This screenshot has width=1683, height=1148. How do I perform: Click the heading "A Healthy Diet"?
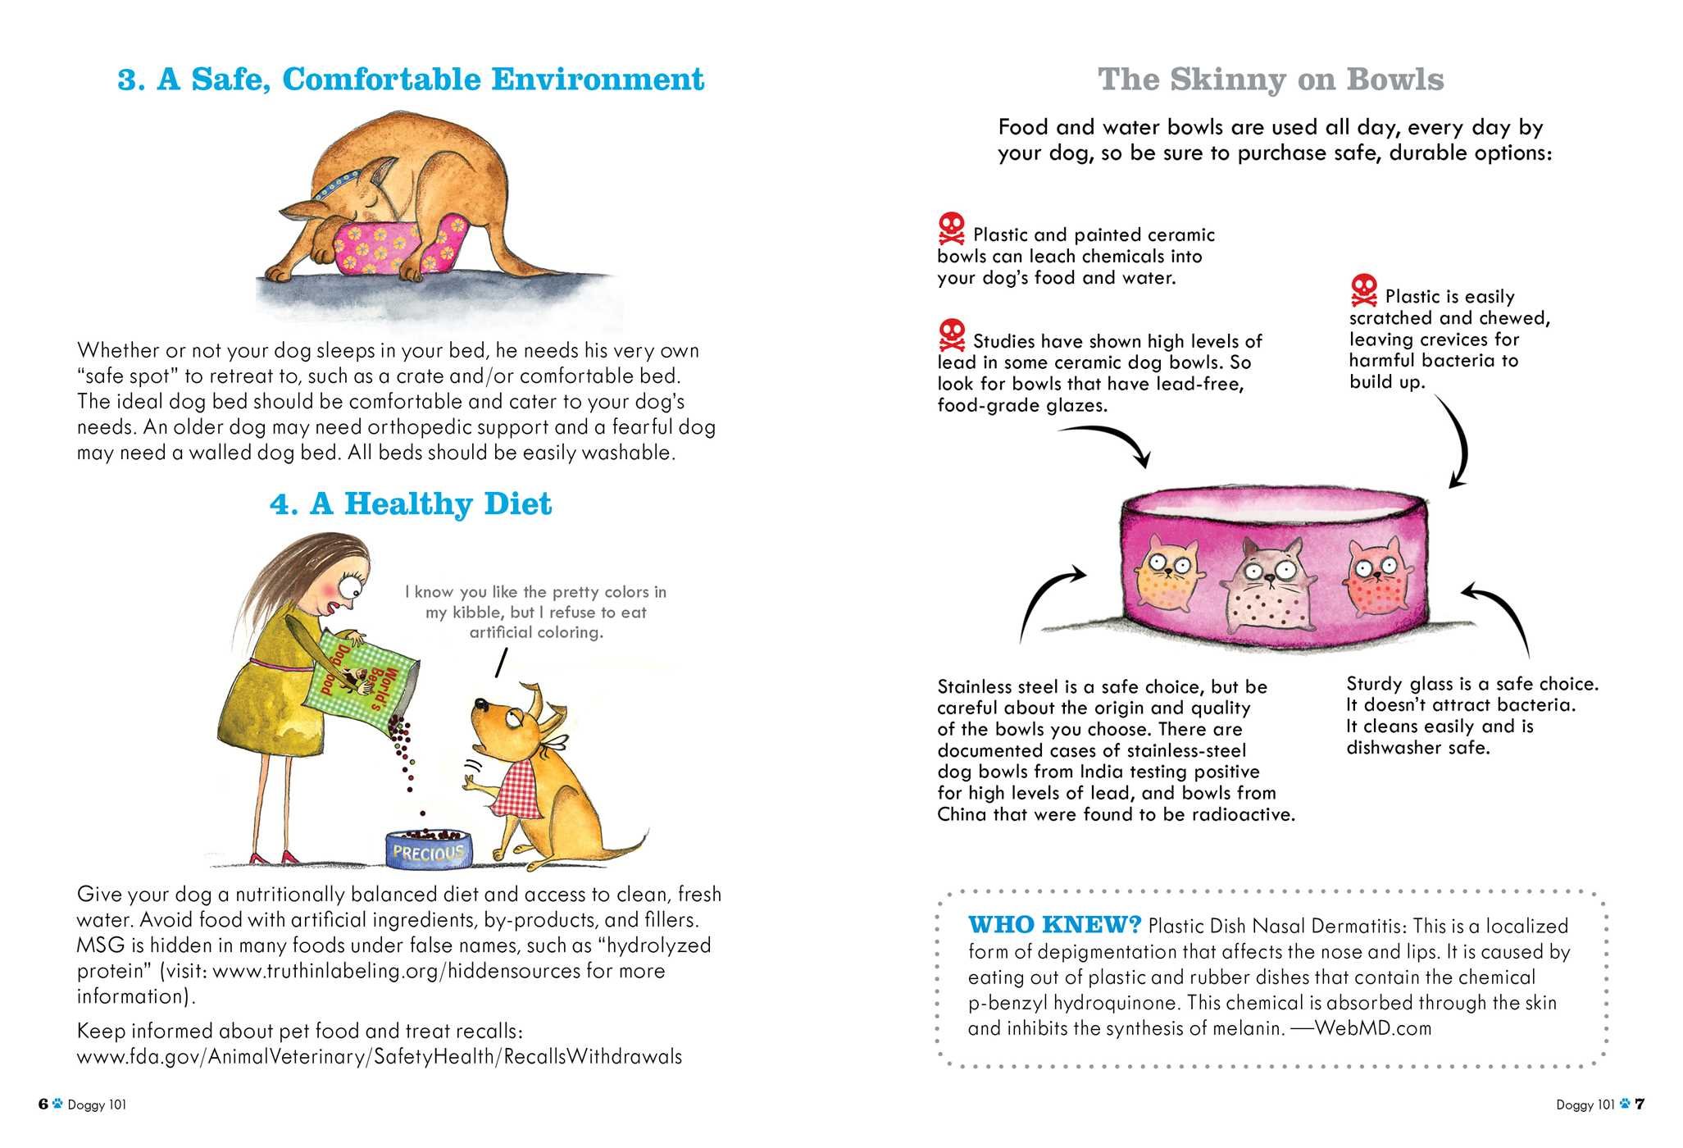pyautogui.click(x=411, y=503)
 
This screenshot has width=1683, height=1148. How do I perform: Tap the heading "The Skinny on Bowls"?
pyautogui.click(x=1271, y=80)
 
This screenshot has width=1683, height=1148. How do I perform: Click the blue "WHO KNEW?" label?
pyautogui.click(x=1054, y=925)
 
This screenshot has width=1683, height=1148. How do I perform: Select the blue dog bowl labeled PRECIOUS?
pyautogui.click(x=430, y=850)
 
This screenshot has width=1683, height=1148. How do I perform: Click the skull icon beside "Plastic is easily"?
pyautogui.click(x=1364, y=291)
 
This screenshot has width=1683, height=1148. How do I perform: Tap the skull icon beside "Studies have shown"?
pyautogui.click(x=952, y=335)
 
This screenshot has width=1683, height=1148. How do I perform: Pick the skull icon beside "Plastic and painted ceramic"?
pyautogui.click(x=952, y=229)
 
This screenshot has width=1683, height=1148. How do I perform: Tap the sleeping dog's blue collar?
pyautogui.click(x=336, y=184)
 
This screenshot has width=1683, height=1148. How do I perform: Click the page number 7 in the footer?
pyautogui.click(x=1640, y=1104)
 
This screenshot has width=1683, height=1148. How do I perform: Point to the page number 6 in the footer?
pyautogui.click(x=43, y=1104)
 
